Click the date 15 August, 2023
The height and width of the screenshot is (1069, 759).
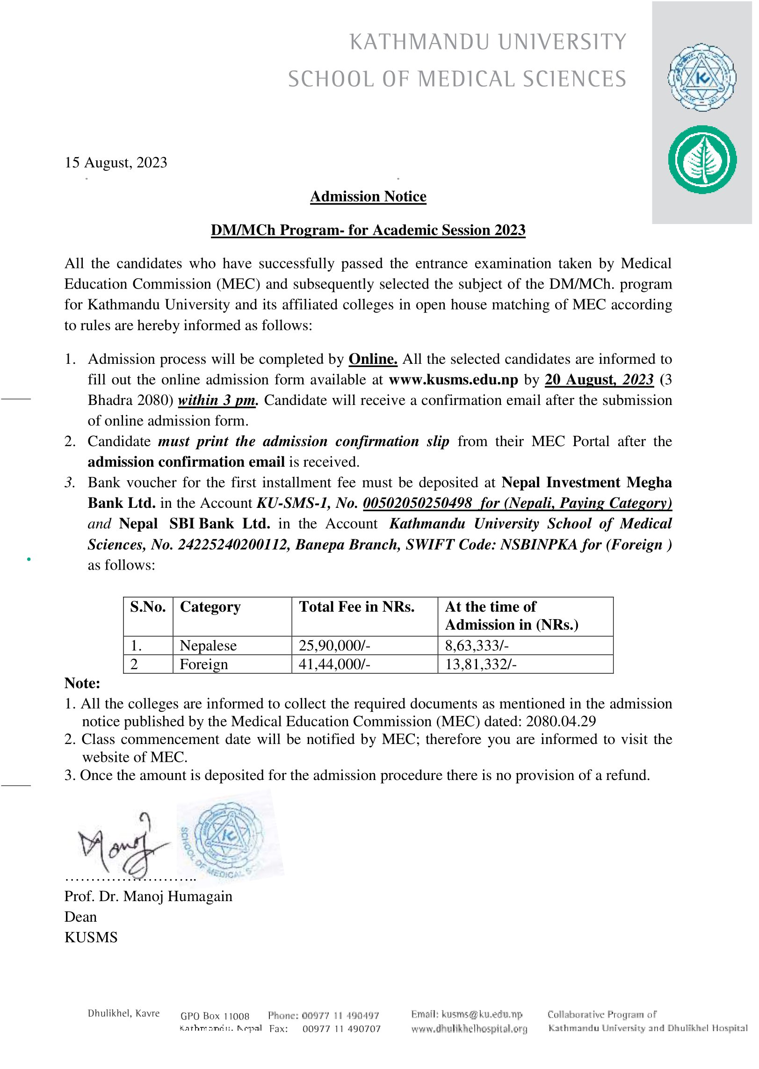pyautogui.click(x=116, y=163)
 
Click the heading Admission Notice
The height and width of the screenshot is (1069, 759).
pyautogui.click(x=368, y=196)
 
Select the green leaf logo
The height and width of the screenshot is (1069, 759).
pyautogui.click(x=702, y=159)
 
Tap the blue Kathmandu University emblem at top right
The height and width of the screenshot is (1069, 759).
pyautogui.click(x=701, y=78)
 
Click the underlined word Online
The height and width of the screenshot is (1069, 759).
pyautogui.click(x=373, y=359)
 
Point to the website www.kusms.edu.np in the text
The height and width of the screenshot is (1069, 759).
pyautogui.click(x=453, y=380)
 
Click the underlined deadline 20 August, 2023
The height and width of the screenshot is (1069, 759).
pyautogui.click(x=599, y=380)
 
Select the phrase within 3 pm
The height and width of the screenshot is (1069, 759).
pyautogui.click(x=217, y=400)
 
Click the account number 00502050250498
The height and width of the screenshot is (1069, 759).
pyautogui.click(x=417, y=503)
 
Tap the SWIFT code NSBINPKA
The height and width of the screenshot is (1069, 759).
pyautogui.click(x=539, y=545)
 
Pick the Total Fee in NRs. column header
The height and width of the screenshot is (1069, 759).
pyautogui.click(x=356, y=607)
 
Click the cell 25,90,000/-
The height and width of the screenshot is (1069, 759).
pyautogui.click(x=334, y=646)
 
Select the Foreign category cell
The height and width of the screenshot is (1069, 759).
pyautogui.click(x=204, y=665)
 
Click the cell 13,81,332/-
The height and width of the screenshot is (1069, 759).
pyautogui.click(x=480, y=665)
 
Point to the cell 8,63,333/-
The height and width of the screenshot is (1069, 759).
pyautogui.click(x=477, y=646)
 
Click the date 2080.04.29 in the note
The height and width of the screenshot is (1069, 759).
pyautogui.click(x=561, y=722)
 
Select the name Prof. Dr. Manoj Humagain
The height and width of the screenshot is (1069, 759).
pyautogui.click(x=148, y=896)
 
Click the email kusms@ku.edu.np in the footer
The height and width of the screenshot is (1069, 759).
pyautogui.click(x=482, y=1014)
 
